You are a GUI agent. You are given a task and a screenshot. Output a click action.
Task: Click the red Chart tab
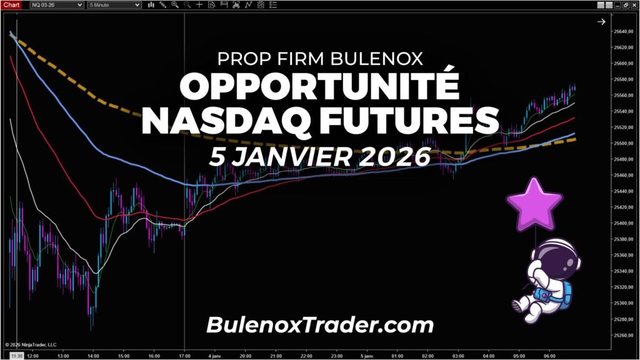[x=12, y=4]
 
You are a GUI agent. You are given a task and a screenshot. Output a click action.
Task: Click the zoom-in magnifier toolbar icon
[x=174, y=4]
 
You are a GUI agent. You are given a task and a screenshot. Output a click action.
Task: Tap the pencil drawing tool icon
[x=162, y=4]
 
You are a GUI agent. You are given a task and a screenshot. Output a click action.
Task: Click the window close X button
[x=634, y=4]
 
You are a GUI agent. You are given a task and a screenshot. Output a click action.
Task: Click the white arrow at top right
[x=601, y=22]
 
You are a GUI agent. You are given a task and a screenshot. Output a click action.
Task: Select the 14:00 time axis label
[x=93, y=355]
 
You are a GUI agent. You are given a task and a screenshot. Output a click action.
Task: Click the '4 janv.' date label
[x=215, y=355]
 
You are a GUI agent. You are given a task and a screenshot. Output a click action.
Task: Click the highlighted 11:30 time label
[x=16, y=355]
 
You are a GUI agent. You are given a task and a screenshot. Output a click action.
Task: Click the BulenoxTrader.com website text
[x=319, y=324]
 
